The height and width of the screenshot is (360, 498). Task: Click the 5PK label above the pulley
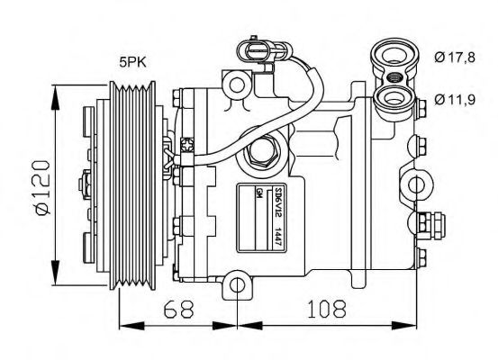pyautogui.click(x=135, y=63)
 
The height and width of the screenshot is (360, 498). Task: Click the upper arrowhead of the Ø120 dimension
pyautogui.click(x=56, y=90)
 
